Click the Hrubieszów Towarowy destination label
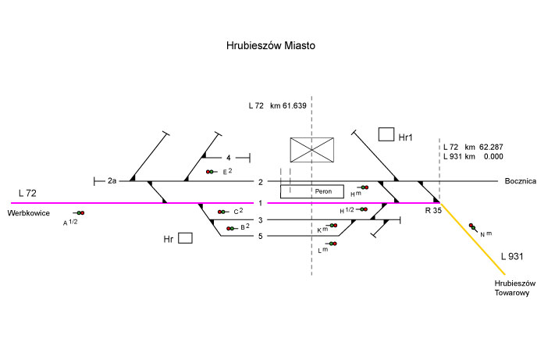(x=512, y=288)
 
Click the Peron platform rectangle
(x=311, y=191)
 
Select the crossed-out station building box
(x=312, y=149)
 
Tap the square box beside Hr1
(x=386, y=135)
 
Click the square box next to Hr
(x=185, y=238)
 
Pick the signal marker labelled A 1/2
(x=79, y=212)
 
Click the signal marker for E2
(x=211, y=172)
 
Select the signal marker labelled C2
(x=222, y=212)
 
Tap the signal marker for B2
(x=231, y=228)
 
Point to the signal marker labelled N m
(x=472, y=228)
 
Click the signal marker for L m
(x=331, y=244)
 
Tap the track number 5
(x=261, y=236)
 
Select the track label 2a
(x=112, y=181)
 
